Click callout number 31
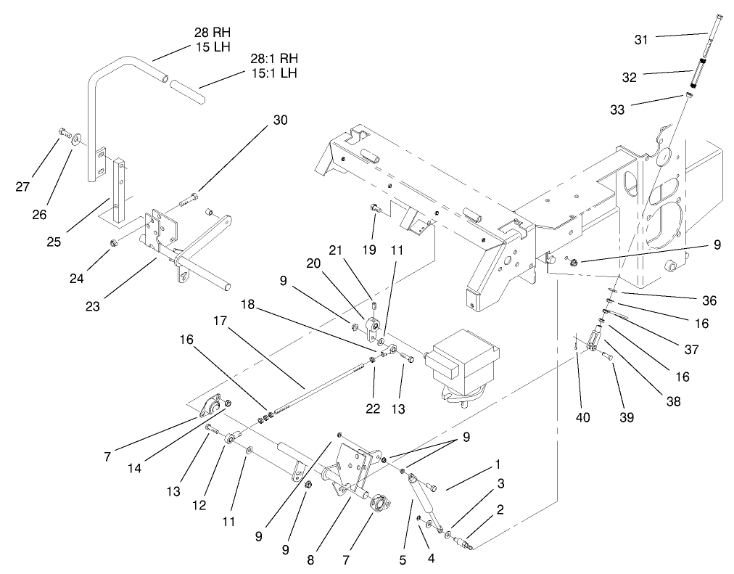(x=640, y=39)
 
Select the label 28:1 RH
(x=273, y=59)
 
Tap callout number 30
(x=280, y=120)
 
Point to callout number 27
(x=23, y=186)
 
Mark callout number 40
(x=583, y=417)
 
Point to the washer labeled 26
(x=75, y=138)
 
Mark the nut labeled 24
(x=113, y=242)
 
